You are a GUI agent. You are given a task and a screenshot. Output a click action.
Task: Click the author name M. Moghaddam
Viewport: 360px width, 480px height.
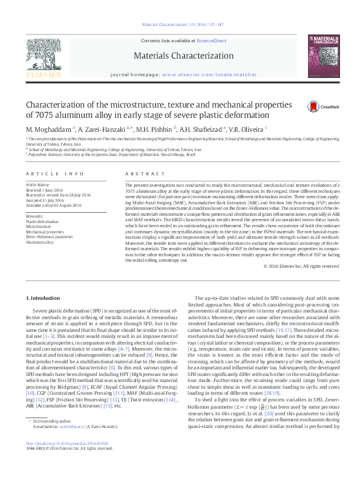point(48,129)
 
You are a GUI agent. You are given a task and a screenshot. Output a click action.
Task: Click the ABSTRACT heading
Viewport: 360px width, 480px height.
point(139,174)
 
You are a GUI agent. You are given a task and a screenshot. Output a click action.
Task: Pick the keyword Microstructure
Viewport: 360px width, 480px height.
point(39,227)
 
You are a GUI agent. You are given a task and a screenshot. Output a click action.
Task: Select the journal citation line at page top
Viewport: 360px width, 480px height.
point(182,25)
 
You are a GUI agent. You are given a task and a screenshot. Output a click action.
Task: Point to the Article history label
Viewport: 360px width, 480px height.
point(39,183)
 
